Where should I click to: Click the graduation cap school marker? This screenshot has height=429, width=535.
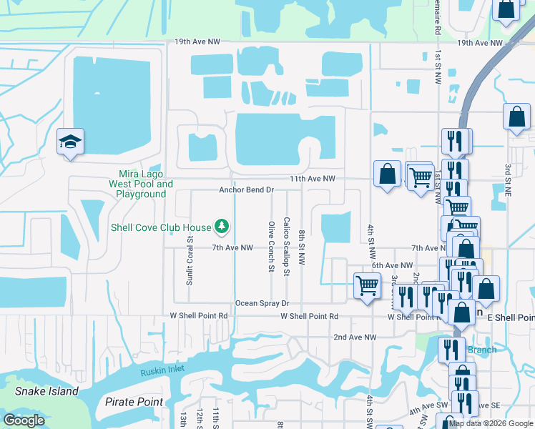click(x=71, y=141)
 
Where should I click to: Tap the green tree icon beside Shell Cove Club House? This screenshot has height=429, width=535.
click(x=222, y=227)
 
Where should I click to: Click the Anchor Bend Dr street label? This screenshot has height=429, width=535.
click(x=247, y=190)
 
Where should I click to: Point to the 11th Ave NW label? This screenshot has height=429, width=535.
click(x=312, y=179)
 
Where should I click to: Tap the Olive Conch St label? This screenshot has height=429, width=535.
click(x=272, y=247)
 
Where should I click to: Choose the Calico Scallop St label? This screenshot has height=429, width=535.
click(x=286, y=247)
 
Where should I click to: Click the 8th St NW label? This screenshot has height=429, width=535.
click(x=303, y=248)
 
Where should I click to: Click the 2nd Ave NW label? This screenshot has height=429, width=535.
click(x=355, y=337)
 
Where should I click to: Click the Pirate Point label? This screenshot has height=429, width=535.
click(x=134, y=402)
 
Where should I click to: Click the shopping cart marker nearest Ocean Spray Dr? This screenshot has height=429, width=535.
click(x=368, y=285)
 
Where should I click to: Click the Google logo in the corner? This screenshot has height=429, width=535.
click(x=24, y=420)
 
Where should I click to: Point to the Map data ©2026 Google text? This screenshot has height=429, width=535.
click(x=491, y=423)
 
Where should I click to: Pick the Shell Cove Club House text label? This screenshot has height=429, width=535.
click(x=161, y=227)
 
